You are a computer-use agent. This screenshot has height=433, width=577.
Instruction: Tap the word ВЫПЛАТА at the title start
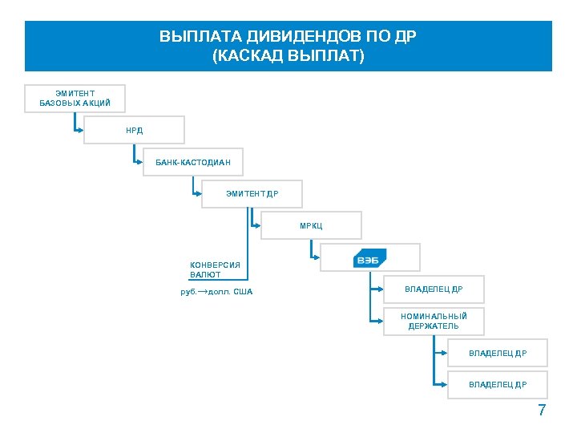192,38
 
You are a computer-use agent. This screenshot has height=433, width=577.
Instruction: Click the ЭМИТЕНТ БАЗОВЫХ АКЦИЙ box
75,98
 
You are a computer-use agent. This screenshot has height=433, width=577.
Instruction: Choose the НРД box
134,130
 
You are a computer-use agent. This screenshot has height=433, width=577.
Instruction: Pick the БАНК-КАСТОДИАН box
193,162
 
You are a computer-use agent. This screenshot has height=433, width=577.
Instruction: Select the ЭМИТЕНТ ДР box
252,194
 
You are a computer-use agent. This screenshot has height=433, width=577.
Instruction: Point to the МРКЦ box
312,225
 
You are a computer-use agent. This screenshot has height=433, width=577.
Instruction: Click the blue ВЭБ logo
369,258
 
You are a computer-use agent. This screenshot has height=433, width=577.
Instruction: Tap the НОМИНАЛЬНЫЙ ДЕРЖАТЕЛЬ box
434,321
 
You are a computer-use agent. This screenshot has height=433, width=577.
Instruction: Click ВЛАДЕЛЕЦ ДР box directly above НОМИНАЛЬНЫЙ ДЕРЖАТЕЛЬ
434,289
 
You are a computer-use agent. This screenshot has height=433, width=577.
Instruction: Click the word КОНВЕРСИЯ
215,265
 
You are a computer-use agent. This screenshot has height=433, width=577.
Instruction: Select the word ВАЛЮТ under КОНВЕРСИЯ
205,275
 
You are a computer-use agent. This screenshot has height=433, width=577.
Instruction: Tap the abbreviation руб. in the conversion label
188,292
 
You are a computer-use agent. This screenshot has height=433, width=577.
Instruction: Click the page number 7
542,411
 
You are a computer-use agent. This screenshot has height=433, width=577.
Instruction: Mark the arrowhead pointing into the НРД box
80,130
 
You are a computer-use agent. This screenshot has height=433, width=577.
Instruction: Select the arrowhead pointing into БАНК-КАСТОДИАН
139,162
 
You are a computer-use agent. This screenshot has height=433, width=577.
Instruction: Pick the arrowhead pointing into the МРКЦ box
257,225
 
